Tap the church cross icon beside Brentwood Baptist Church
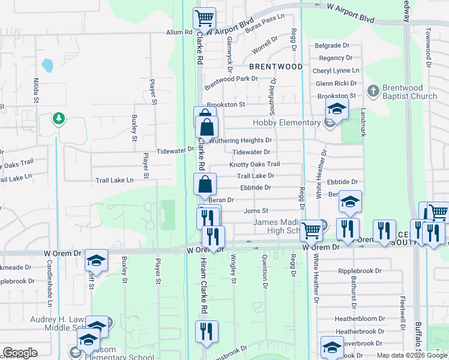point(372,91)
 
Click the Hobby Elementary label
point(286,122)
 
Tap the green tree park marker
point(58,118)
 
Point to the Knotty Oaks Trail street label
point(255,164)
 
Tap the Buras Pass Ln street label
point(265,23)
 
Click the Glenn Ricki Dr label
point(336,83)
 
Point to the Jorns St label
point(256,211)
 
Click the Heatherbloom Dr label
point(360,319)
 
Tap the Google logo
point(20,353)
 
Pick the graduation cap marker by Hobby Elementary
point(337,109)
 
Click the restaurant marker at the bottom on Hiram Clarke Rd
point(206,331)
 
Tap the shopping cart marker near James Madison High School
point(311,229)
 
